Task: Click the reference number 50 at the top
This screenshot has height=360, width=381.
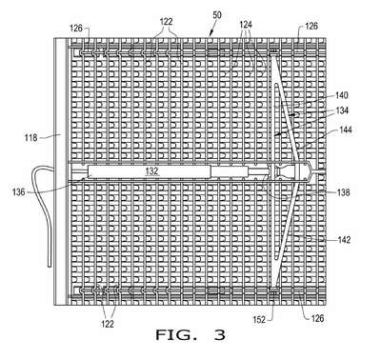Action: point(217,15)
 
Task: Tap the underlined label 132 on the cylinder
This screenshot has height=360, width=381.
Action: point(151,171)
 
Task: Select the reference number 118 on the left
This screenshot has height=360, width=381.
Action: point(31,138)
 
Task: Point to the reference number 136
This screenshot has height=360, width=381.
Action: point(18,191)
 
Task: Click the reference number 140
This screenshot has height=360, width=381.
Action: point(342,95)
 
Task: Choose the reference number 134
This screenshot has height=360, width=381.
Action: point(342,110)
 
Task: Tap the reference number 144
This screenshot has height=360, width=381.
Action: point(345,130)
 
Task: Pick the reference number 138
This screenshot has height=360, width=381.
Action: point(343,192)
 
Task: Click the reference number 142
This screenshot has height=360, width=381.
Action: point(344,240)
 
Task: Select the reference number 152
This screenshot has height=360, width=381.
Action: point(259,320)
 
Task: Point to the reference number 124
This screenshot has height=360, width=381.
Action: point(246,25)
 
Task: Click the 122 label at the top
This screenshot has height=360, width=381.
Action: point(166,22)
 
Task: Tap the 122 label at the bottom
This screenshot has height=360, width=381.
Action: point(108,324)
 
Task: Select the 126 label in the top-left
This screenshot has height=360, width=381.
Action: point(76,29)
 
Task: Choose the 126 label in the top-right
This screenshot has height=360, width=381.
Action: point(311,26)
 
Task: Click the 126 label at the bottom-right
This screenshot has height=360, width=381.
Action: point(317,318)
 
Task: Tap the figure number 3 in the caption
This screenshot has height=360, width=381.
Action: point(220,335)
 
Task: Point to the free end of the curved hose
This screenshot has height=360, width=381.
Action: point(50,266)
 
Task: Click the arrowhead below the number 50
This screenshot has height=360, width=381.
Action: point(210,33)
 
